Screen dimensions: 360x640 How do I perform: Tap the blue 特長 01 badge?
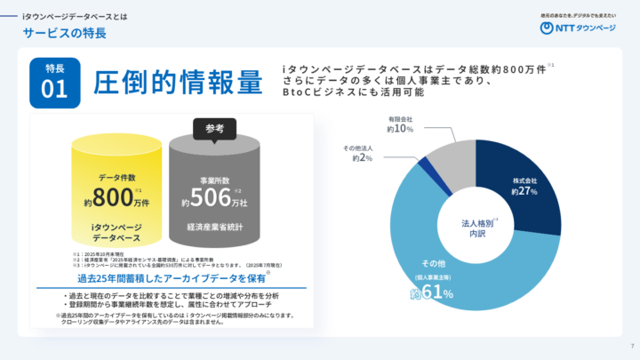(54, 82)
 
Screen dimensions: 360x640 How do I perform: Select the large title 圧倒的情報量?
(179, 81)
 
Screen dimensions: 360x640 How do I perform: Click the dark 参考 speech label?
(214, 128)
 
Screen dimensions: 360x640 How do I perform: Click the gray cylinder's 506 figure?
(212, 197)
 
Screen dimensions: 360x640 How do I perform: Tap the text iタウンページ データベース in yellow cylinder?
(116, 234)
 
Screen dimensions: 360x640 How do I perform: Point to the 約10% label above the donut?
(400, 129)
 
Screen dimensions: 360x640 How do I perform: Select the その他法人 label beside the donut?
(357, 147)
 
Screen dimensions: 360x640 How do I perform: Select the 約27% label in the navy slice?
(525, 190)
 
